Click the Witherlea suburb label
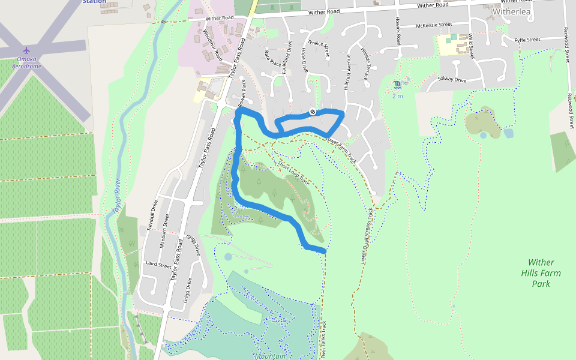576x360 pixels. point(512,11)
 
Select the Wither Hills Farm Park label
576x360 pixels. point(541,273)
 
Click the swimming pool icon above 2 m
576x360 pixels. point(397,85)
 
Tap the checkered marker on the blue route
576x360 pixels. point(312,112)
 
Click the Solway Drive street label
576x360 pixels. point(452,80)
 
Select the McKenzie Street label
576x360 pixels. point(433,25)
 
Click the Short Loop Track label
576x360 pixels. point(294,173)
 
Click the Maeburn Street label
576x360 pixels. point(163,232)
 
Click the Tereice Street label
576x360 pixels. point(319,48)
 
